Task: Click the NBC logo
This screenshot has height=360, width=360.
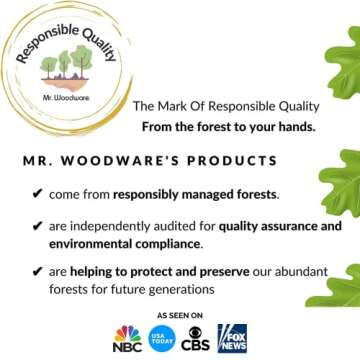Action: coord(128,337)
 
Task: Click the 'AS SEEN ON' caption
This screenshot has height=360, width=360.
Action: coord(179,314)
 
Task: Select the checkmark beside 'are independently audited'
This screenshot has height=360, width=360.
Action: coord(37,226)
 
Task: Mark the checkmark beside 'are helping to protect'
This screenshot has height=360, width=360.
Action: coord(37,272)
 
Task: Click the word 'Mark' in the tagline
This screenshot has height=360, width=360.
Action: coord(174,106)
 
